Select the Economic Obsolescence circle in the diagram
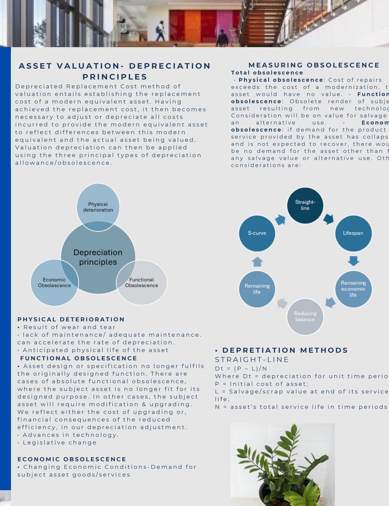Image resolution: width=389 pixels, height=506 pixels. coord(54,283)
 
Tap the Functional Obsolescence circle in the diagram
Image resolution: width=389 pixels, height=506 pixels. coord(141,283)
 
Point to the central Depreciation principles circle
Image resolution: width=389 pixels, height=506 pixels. coord(98,257)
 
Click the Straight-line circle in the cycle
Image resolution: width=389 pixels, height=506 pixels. coord(305,205)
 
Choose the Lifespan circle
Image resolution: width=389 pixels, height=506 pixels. coord(353,233)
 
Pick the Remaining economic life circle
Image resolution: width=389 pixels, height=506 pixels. coord(353,289)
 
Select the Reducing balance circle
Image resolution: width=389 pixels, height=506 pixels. coord(305,316)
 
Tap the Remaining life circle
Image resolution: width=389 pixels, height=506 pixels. coord(257,289)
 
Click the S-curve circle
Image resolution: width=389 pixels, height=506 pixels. coord(257,233)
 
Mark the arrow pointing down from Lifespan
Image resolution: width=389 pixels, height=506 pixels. coord(353,261)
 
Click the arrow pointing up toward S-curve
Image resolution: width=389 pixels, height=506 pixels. coord(257,261)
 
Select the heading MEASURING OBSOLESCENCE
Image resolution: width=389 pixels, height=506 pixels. coord(314,65)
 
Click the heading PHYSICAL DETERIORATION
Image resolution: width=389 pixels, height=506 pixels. coord(71,319)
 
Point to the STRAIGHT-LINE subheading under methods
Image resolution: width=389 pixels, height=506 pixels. coord(252,360)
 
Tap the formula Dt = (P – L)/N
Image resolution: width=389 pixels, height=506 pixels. coord(241,368)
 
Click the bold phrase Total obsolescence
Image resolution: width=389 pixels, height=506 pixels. coord(267,73)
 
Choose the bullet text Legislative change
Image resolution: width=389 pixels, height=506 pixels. coord(59,443)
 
